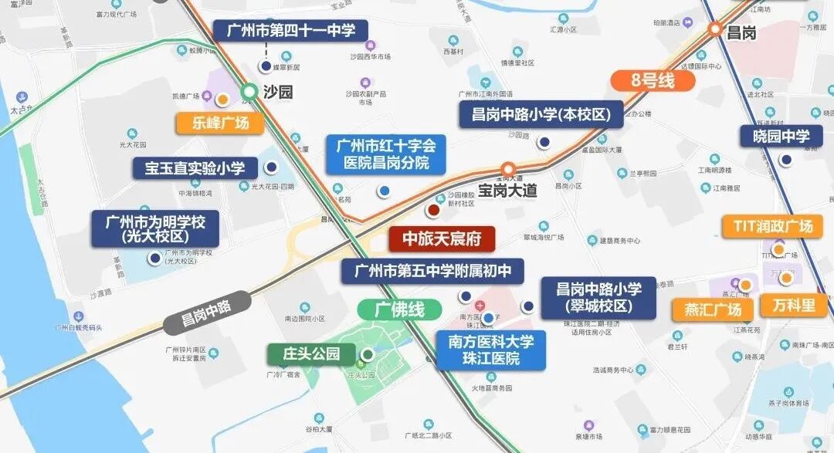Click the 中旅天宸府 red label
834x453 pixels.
[x=442, y=239]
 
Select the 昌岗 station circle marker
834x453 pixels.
[x=716, y=30]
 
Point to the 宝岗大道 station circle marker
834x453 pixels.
[x=508, y=169]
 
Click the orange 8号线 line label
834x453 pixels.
[x=643, y=80]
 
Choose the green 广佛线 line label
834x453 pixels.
[x=399, y=310]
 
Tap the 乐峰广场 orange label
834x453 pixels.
[x=221, y=123]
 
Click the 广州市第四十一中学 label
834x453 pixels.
[x=290, y=31]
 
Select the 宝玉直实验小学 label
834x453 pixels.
[x=195, y=168]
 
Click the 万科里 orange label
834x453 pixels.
[x=793, y=305]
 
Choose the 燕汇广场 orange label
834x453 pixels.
[x=713, y=309]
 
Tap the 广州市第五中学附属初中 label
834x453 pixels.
[x=432, y=271]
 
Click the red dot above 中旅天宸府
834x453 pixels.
[x=433, y=209]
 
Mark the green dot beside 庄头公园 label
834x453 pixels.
[x=368, y=355]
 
